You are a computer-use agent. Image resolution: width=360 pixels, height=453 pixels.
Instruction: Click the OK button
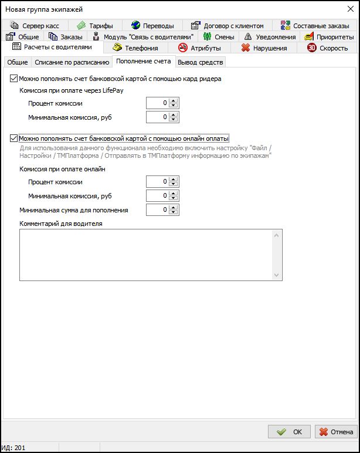[x=289, y=432]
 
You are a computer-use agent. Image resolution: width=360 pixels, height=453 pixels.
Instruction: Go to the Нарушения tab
[x=264, y=48]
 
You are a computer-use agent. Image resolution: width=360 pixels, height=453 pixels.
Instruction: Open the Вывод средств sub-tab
[x=200, y=62]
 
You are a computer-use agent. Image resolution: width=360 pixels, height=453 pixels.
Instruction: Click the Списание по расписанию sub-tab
[x=72, y=62]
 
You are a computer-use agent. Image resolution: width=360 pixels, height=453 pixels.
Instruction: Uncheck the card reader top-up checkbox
[x=14, y=78]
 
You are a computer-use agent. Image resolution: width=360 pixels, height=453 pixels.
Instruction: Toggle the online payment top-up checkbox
[x=14, y=138]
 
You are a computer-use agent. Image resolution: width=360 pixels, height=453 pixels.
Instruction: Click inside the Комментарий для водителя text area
[x=147, y=255]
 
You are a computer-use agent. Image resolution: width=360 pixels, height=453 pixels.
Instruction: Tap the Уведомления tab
[x=270, y=37]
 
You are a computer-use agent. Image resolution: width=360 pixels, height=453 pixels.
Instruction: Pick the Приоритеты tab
[x=329, y=37]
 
